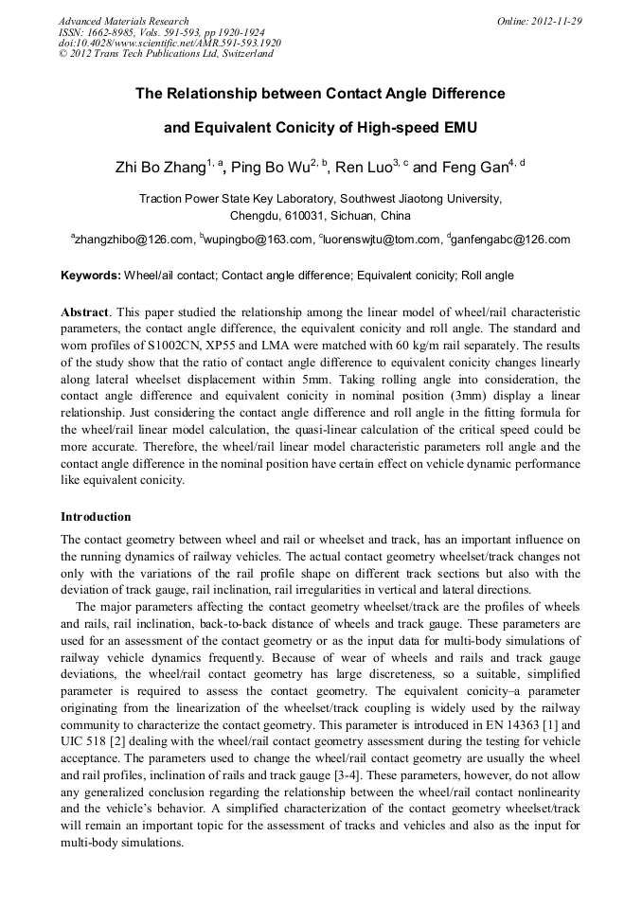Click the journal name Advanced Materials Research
123,21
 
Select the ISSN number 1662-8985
120,32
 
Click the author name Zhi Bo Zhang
159,169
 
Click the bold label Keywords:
91,276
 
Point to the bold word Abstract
84,312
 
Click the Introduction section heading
96,517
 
